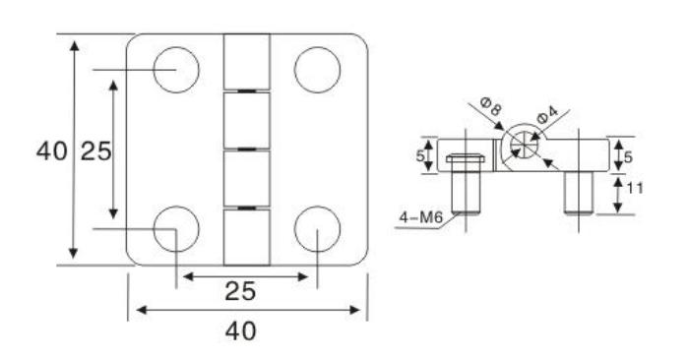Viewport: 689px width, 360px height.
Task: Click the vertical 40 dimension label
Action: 52,151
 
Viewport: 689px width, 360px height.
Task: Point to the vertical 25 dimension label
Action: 96,151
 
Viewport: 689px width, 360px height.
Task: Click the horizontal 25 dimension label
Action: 240,291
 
